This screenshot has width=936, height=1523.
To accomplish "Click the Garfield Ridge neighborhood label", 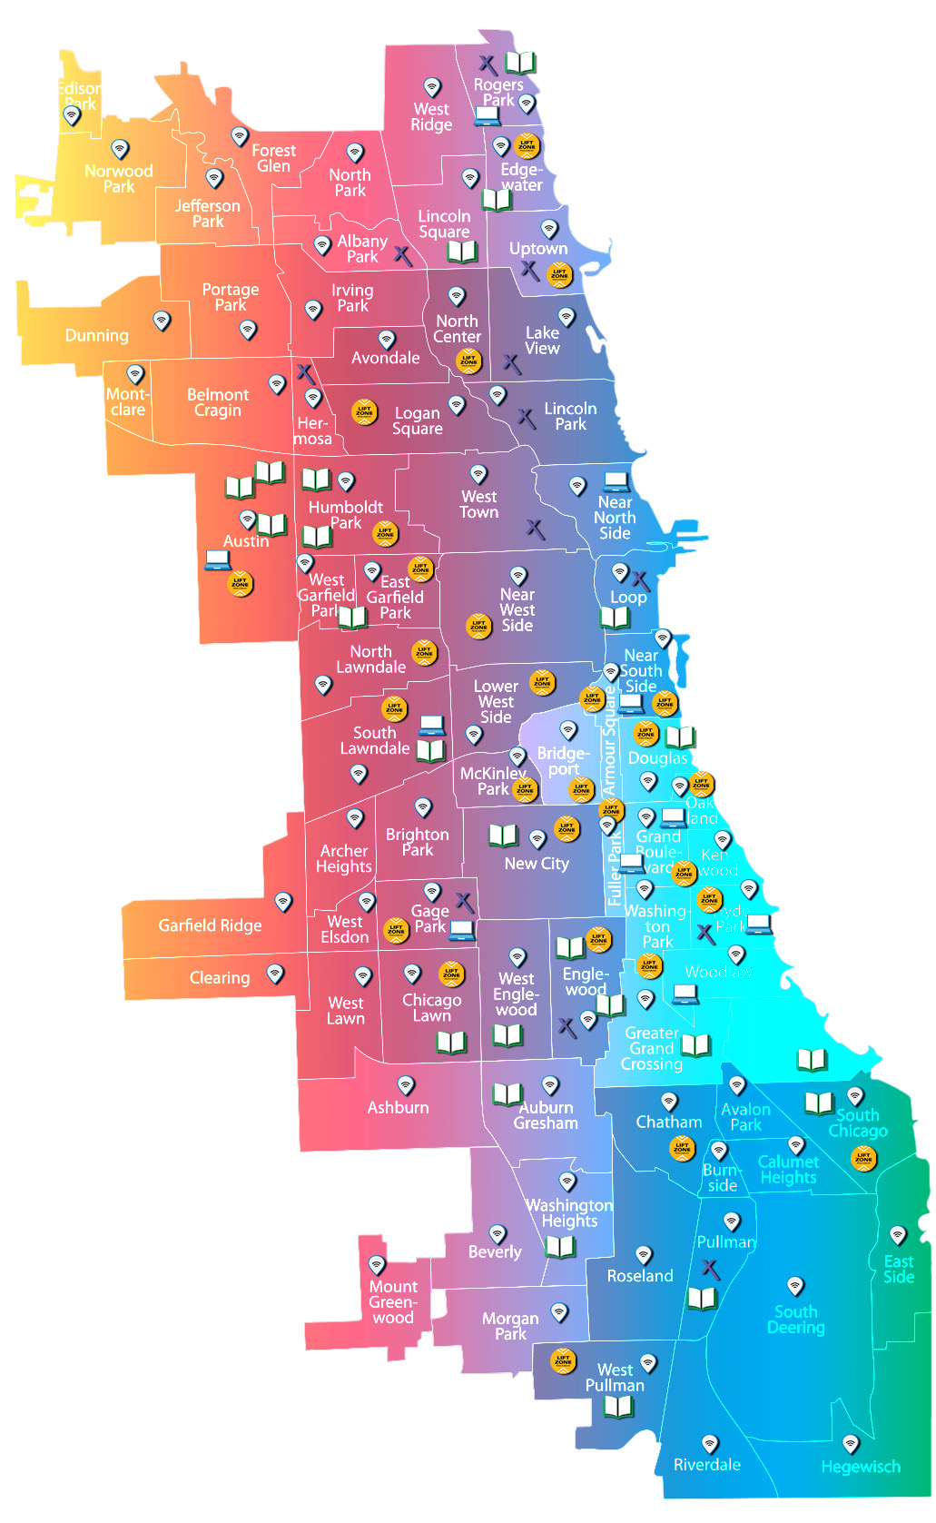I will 210,925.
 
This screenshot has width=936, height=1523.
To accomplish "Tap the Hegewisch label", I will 861,1467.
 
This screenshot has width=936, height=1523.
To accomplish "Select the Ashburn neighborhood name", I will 398,1107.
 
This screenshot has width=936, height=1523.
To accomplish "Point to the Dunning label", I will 96,335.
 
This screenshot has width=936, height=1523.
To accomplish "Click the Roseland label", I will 640,1276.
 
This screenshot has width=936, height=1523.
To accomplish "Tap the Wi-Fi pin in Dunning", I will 162,321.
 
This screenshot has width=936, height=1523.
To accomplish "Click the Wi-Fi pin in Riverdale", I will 710,1443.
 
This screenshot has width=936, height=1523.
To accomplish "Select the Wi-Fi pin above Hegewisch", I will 851,1443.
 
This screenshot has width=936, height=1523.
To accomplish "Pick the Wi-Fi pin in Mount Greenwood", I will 377,1264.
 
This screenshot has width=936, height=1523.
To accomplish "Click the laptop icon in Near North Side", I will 616,481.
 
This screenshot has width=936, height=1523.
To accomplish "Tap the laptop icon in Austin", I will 218,560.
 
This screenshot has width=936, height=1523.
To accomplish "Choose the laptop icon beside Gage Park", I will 462,930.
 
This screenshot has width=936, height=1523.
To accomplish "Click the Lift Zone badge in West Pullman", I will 563,1360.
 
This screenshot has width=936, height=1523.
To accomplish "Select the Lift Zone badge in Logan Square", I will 364,411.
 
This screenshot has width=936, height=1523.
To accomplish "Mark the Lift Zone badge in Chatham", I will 682,1148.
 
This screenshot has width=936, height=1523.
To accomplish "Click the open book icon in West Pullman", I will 618,1407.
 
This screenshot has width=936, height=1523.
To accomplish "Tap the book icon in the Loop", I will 615,618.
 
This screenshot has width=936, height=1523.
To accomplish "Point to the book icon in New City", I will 503,836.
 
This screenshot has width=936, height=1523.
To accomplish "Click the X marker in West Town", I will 536,529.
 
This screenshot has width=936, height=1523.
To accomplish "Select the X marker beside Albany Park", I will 403,256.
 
